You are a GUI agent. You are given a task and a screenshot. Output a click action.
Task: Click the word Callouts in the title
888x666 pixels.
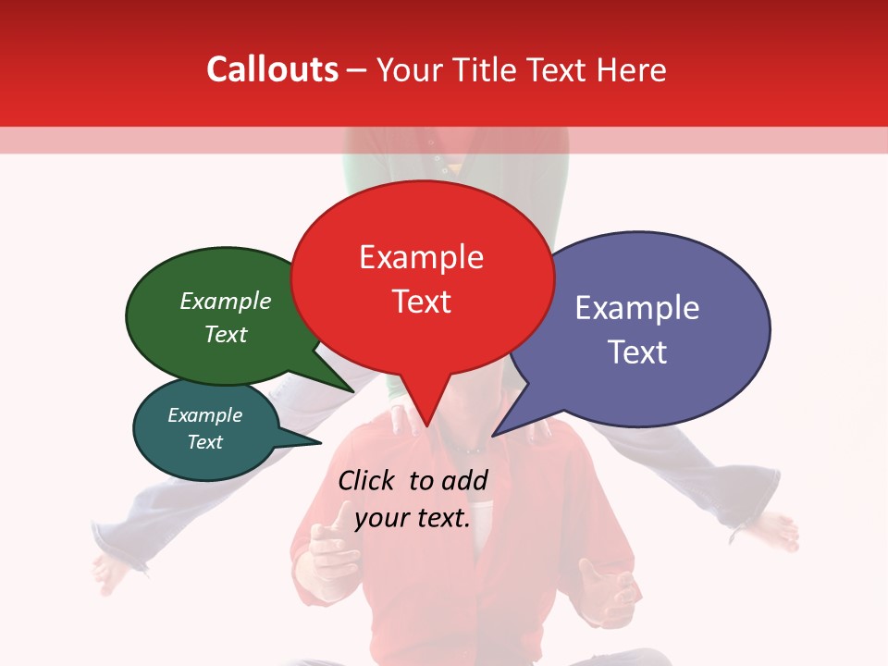click(x=273, y=69)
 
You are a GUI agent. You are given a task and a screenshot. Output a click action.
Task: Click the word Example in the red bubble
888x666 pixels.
click(x=421, y=257)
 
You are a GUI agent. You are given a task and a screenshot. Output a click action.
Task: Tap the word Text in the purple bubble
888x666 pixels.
click(x=636, y=352)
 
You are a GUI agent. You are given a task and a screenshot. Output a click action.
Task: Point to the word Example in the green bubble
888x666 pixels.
click(x=226, y=302)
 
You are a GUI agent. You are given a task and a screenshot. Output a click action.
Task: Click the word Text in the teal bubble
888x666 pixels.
click(x=205, y=442)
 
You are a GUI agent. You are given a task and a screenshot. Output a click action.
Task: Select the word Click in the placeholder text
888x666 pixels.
click(x=368, y=480)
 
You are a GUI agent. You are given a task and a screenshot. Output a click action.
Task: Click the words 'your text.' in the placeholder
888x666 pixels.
click(x=413, y=518)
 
